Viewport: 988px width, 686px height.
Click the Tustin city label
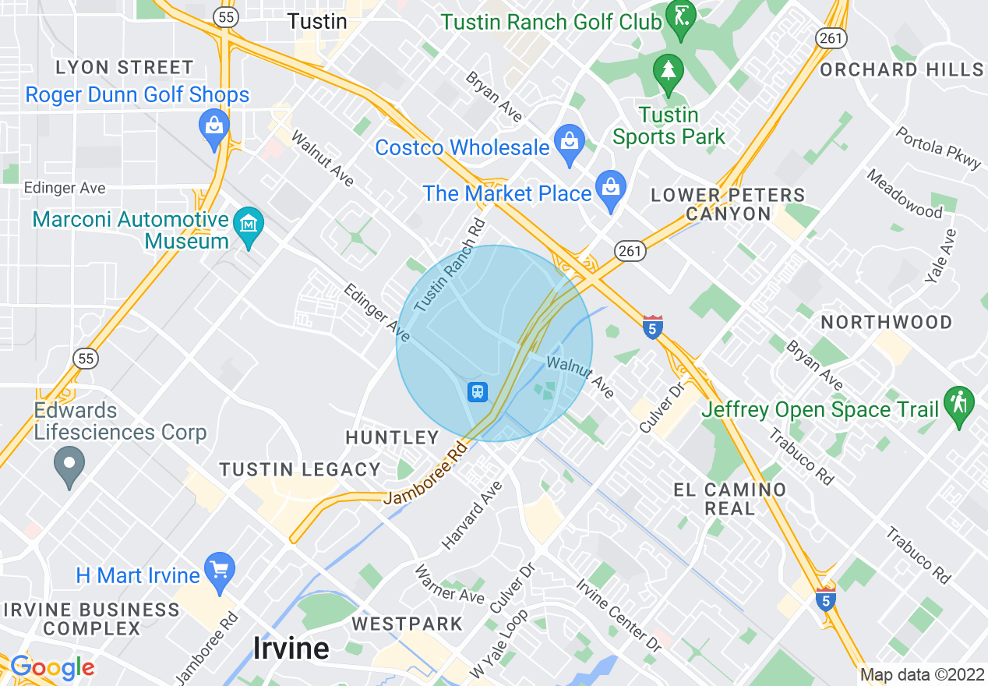[x=317, y=21]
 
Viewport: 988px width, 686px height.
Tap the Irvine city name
[x=291, y=648]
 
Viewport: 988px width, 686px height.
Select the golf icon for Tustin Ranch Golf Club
[x=682, y=22]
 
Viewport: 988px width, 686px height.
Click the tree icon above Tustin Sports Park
[x=668, y=70]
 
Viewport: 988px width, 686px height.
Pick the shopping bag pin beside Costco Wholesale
[x=570, y=144]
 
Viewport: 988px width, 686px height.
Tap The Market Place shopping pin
[x=611, y=189]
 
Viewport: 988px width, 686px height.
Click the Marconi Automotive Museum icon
[x=249, y=226]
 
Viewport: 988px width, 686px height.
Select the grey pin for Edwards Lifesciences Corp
[x=69, y=465]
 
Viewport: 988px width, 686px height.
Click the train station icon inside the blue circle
[x=477, y=391]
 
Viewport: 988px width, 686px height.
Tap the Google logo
[x=51, y=667]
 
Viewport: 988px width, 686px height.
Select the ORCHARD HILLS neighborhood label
[x=902, y=69]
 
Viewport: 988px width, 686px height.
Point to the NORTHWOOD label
[x=887, y=322]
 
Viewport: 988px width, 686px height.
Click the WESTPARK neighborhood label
[x=408, y=624]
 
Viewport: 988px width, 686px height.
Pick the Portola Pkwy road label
[x=939, y=147]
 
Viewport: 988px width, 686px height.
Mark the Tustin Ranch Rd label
[x=450, y=266]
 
